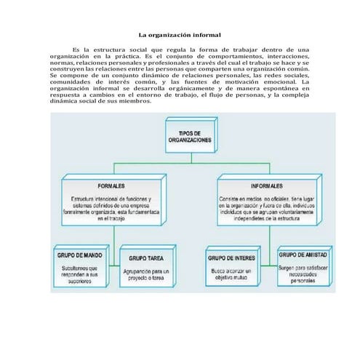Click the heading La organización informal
pyautogui.click(x=180, y=35)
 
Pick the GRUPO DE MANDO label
pyautogui.click(x=79, y=257)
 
